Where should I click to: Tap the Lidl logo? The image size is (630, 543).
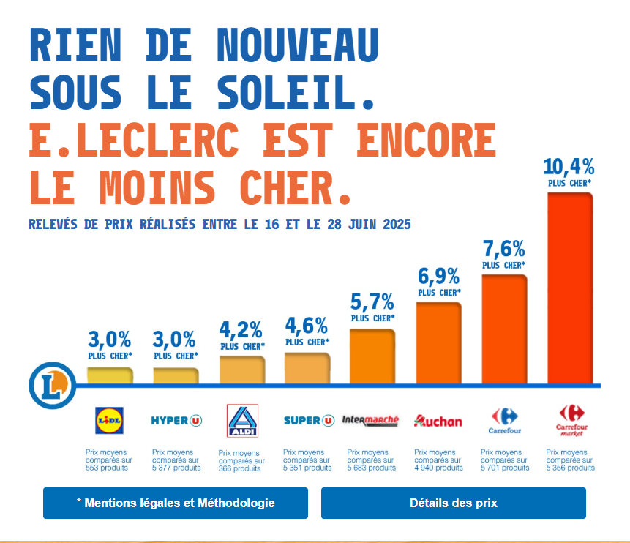[110, 420]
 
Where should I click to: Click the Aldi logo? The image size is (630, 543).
[242, 421]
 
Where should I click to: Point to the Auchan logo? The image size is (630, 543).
[438, 421]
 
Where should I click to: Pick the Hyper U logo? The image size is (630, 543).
[176, 420]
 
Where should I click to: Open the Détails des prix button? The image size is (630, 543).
[453, 503]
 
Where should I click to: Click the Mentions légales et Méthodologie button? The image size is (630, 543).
[176, 503]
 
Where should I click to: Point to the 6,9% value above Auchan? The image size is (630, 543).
[438, 277]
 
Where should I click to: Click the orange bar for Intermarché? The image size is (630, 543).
[372, 356]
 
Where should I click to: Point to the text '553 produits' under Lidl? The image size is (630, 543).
[107, 468]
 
